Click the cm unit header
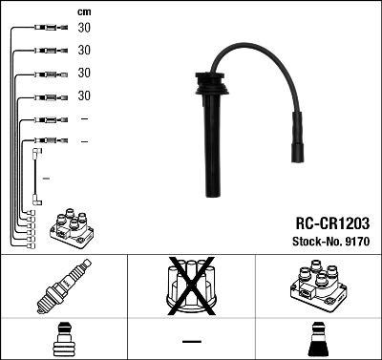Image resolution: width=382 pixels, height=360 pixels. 84,11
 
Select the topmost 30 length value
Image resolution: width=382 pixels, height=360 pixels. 84,29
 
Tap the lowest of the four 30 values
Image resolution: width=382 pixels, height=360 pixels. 84,95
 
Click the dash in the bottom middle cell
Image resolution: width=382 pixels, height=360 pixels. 191,340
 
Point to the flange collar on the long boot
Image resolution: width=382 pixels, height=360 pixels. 205,93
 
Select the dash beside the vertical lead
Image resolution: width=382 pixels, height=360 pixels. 47,179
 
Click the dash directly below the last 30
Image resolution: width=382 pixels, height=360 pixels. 84,118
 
